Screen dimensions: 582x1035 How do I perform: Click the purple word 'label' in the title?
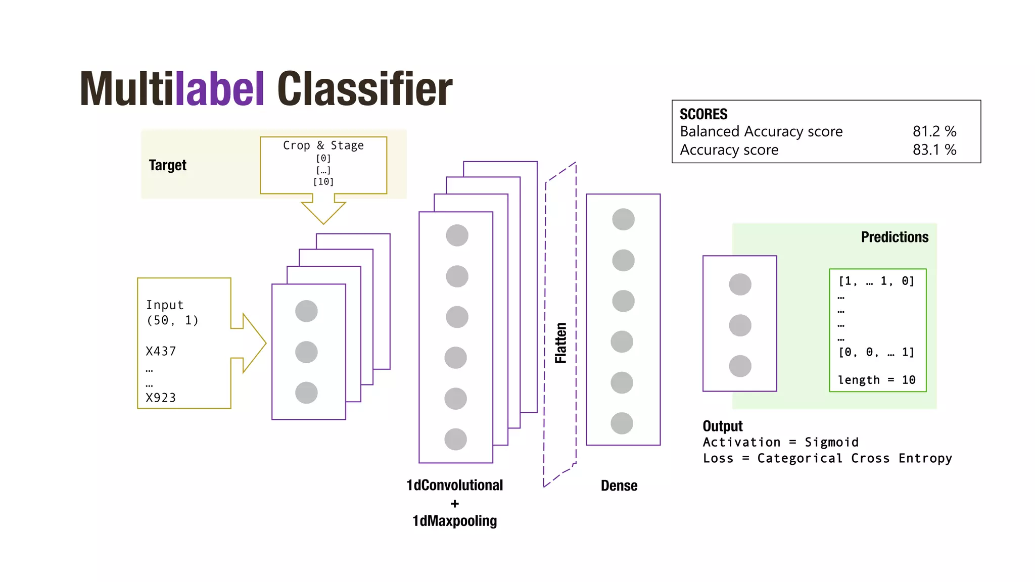click(x=219, y=89)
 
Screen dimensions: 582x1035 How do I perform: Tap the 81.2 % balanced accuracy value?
click(x=934, y=131)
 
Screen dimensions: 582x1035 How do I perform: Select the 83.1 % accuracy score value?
click(x=934, y=150)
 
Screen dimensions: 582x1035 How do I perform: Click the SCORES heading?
click(x=703, y=114)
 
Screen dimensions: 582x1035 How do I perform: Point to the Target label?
click(x=167, y=165)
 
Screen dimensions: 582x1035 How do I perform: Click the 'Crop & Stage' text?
click(x=323, y=145)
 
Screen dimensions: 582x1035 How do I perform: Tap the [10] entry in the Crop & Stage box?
click(x=323, y=182)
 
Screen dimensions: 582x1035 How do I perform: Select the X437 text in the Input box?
click(x=161, y=352)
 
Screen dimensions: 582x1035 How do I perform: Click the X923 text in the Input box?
click(x=161, y=398)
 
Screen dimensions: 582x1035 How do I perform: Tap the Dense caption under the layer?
click(x=619, y=486)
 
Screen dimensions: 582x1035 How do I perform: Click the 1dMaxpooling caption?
click(x=454, y=521)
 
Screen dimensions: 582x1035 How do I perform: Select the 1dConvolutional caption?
click(x=454, y=486)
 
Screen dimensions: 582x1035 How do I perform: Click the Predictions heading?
click(x=895, y=237)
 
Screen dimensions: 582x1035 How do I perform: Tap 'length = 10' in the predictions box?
click(x=876, y=380)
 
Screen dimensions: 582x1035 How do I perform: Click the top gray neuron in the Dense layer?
click(x=623, y=219)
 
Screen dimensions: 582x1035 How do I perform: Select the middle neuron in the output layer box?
click(x=740, y=325)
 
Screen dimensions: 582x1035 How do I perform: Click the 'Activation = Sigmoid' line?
click(x=780, y=443)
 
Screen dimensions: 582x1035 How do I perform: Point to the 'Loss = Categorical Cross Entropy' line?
click(x=827, y=459)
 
